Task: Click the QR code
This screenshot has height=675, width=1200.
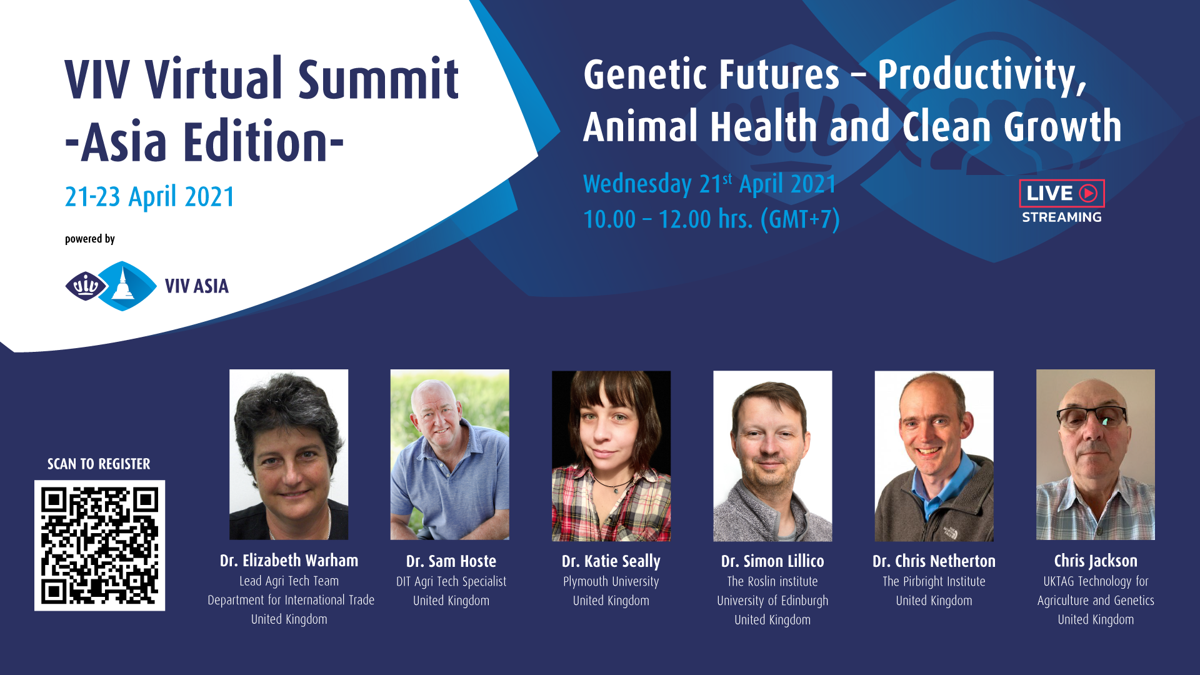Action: pos(99,545)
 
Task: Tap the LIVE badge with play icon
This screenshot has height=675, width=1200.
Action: pos(1062,193)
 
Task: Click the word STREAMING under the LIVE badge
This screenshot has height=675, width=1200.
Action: pos(1062,217)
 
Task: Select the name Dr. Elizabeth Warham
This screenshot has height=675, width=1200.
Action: pos(289,561)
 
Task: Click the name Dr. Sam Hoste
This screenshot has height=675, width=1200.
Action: pos(451,561)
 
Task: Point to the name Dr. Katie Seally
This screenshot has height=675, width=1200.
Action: pos(611,562)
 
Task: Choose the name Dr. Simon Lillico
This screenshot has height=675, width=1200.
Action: pos(772,561)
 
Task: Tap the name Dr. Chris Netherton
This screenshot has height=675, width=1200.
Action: pos(934,561)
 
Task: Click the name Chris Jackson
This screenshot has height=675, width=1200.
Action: pos(1096,561)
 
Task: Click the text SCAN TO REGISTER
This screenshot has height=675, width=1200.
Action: pos(99,464)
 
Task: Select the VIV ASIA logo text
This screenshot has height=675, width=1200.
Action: pos(197,286)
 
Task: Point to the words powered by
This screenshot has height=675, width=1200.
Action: pos(90,239)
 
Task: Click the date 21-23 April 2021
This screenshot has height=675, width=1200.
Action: pos(150,197)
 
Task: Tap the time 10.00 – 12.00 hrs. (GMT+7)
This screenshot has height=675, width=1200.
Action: pos(711,219)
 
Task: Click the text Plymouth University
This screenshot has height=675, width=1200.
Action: pos(611,582)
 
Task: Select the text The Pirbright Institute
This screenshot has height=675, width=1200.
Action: pos(934,582)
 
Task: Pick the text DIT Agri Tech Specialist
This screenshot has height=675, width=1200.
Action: pos(451,582)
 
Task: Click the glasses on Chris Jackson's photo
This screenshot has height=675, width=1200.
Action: pos(1091,416)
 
